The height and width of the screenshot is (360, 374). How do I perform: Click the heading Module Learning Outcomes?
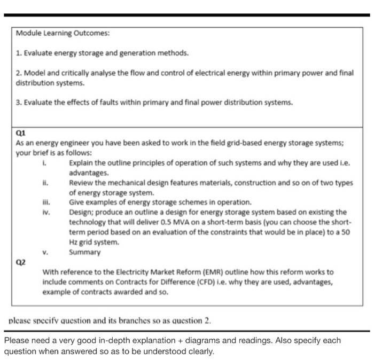tap(63, 33)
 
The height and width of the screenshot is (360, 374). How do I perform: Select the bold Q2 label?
tap(21, 262)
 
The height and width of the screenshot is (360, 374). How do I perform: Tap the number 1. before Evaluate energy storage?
tap(19, 53)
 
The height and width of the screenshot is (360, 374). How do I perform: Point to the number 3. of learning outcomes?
tap(19, 103)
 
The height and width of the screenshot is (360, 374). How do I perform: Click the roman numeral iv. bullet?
tap(46, 212)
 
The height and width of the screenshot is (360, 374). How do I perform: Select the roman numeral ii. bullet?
tap(46, 183)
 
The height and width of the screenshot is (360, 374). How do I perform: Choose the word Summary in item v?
tap(84, 252)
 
